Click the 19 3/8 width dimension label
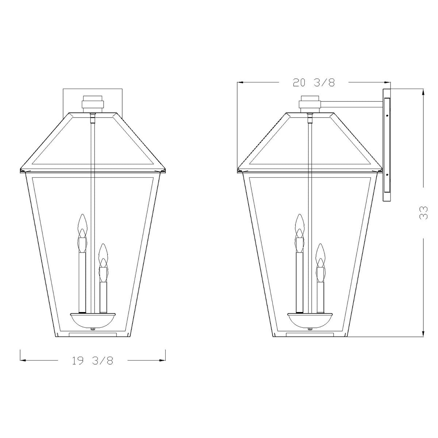pyautogui.click(x=92, y=360)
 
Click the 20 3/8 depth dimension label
pyautogui.click(x=314, y=82)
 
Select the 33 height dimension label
pyautogui.click(x=423, y=213)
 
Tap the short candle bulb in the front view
pyautogui.click(x=103, y=263)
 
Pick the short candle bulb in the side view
pyautogui.click(x=320, y=263)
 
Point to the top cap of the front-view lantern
pyautogui.click(x=93, y=104)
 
